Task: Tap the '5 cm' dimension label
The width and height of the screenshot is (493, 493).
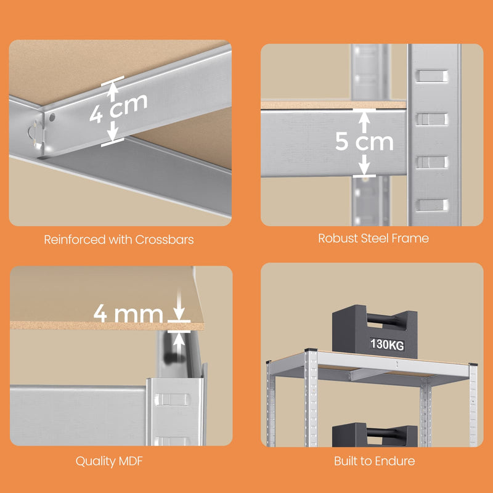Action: click(x=364, y=142)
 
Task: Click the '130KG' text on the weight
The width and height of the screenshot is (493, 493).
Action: click(x=387, y=345)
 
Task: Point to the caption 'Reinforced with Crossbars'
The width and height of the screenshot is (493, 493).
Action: click(x=119, y=239)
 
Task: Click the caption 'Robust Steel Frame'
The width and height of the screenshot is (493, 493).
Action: click(x=373, y=238)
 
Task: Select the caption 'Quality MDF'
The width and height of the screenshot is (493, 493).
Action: click(x=108, y=460)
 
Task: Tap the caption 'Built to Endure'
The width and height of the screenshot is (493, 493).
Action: click(x=374, y=460)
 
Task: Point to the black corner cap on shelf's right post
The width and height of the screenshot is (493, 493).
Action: click(x=473, y=365)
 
